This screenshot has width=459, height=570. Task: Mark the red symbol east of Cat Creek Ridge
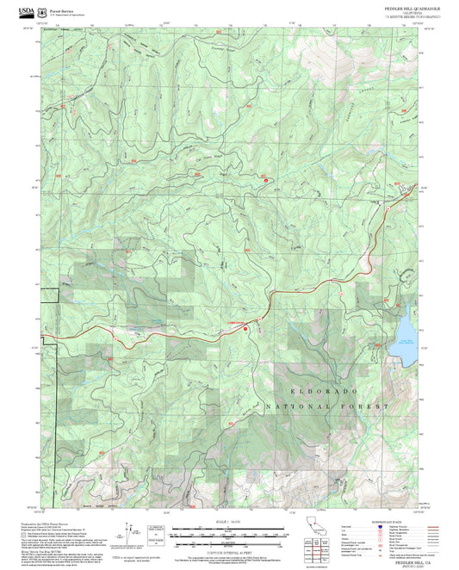[265, 179]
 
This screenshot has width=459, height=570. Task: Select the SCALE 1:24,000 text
[229, 522]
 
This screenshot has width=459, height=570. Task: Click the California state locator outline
[316, 526]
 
